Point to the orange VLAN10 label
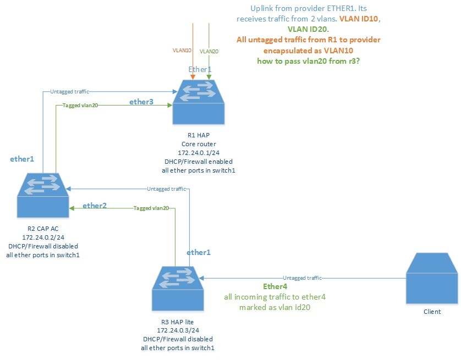(182, 50)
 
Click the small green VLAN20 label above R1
(208, 51)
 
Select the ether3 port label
(141, 102)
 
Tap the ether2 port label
(94, 206)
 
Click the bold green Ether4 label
(276, 286)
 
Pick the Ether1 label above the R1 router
(200, 69)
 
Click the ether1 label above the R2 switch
(22, 159)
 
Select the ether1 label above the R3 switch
(198, 252)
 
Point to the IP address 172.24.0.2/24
(42, 236)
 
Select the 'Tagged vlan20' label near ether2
(151, 209)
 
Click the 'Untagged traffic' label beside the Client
(302, 278)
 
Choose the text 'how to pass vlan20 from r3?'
(309, 60)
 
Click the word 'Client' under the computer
(432, 312)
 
